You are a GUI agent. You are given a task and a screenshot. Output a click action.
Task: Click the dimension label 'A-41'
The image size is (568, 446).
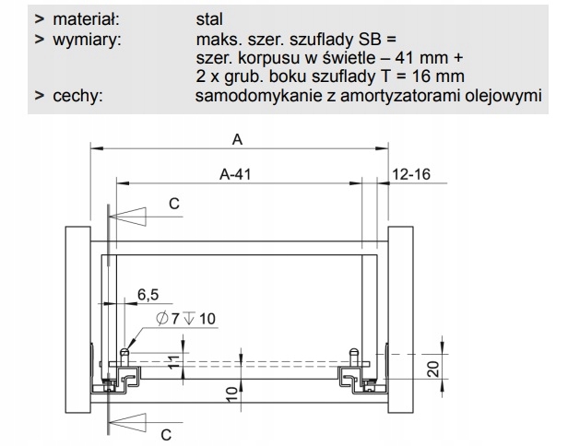pos(236,172)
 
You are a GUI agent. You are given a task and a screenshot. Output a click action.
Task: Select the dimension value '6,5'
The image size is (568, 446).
pos(148,295)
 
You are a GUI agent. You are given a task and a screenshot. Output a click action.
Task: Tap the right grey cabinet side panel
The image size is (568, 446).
pos(402,313)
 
